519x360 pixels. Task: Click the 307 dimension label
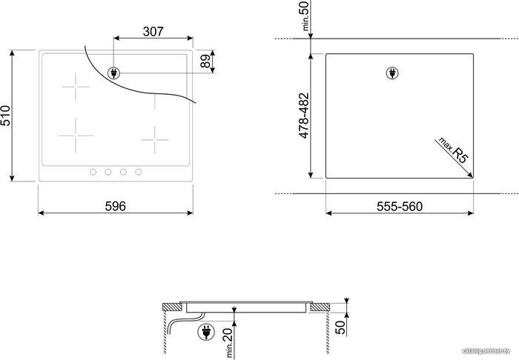153,32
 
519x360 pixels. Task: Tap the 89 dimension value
206,61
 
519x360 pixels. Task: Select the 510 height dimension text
5,116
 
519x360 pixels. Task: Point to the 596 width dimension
116,206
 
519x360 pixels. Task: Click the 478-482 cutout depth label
303,116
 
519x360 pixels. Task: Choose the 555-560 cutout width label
400,207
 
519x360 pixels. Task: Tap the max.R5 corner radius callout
453,150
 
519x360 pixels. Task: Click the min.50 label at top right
305,16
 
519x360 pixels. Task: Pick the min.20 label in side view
229,343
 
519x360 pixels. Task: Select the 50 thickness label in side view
340,327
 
